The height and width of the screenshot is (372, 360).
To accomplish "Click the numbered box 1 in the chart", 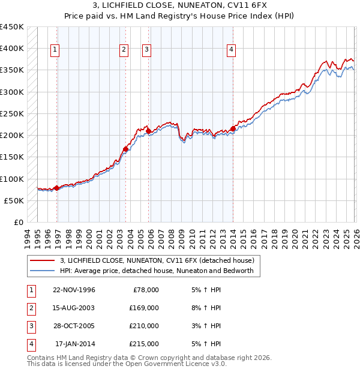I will click(55, 50).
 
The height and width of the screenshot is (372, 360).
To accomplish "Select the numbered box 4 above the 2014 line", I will click(231, 50).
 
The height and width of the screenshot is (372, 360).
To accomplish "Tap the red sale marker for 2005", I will click(148, 131).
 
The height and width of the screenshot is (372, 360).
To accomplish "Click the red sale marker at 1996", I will click(57, 188).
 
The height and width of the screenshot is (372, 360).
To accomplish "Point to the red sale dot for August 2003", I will click(125, 149).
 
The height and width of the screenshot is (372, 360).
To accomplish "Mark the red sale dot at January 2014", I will click(233, 128).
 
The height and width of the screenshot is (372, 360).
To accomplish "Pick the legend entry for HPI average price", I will click(157, 271).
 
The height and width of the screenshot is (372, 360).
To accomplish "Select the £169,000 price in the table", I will click(144, 308).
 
